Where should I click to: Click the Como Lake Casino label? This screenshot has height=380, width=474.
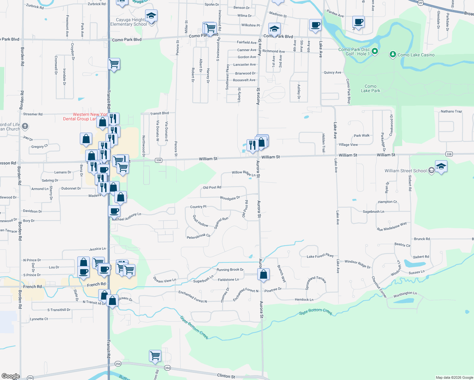tap(416, 55)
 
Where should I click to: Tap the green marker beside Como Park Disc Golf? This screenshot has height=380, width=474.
tap(375, 51)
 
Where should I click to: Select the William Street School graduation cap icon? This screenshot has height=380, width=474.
tap(441, 166)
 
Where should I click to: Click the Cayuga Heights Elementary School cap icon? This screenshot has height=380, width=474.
tap(151, 16)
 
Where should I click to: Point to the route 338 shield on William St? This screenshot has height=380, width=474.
tap(158, 160)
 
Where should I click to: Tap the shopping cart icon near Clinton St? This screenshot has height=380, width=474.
tap(155, 356)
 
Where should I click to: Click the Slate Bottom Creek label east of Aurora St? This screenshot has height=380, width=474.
tap(316, 312)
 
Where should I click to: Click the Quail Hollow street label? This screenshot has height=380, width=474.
tap(201, 221)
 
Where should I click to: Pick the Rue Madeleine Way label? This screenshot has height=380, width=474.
tap(392, 227)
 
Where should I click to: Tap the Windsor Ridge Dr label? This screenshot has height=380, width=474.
tap(357, 264)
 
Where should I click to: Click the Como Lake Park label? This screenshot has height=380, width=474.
tap(370, 88)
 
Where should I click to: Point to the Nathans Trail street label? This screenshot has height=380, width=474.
tap(451, 111)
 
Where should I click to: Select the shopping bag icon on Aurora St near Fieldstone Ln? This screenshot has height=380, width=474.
tap(263, 274)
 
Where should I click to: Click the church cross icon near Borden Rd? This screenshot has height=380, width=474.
tap(25, 127)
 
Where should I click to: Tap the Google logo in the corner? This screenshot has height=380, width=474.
tap(10, 376)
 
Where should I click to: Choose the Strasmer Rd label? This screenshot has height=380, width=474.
tap(33, 114)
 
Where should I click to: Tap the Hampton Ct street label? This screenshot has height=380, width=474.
tap(387, 202)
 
